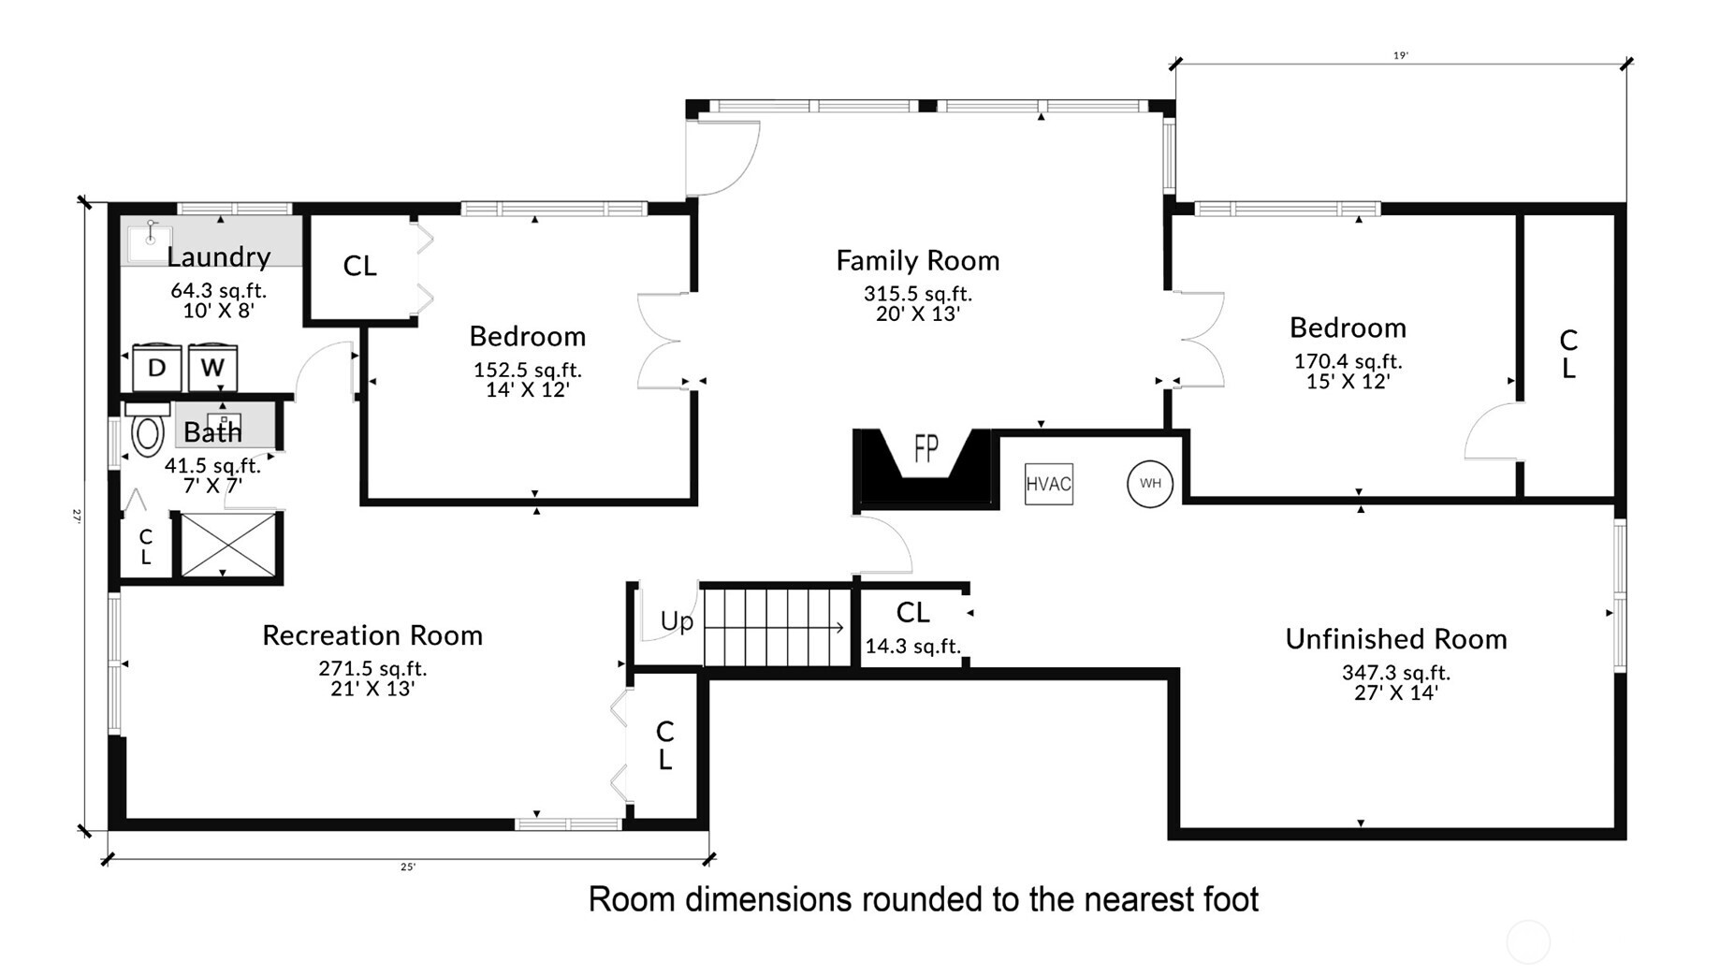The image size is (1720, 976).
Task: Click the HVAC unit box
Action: pyautogui.click(x=1048, y=484)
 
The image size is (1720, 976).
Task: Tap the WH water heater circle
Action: pyautogui.click(x=1149, y=484)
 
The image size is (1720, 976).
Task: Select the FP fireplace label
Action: pyautogui.click(x=926, y=448)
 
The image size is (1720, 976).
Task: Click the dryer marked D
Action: pyautogui.click(x=156, y=368)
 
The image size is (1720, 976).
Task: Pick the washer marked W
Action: pyautogui.click(x=212, y=368)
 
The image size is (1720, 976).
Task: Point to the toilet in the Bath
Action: pyautogui.click(x=147, y=434)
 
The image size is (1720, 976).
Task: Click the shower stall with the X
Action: pyautogui.click(x=228, y=545)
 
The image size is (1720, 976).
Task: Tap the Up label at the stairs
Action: pyautogui.click(x=677, y=621)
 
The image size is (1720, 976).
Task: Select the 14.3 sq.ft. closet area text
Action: pyautogui.click(x=912, y=646)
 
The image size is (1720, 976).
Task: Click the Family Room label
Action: pyautogui.click(x=917, y=260)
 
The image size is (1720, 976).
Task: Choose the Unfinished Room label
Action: pyautogui.click(x=1395, y=639)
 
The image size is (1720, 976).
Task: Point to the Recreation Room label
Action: pyautogui.click(x=372, y=635)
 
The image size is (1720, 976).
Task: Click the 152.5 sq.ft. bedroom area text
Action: pyautogui.click(x=527, y=370)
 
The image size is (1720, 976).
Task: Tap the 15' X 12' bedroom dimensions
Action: pyautogui.click(x=1348, y=382)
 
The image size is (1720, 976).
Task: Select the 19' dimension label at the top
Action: pyautogui.click(x=1400, y=55)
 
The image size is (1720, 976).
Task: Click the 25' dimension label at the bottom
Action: pyautogui.click(x=408, y=867)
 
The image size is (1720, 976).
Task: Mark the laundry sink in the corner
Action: pyautogui.click(x=148, y=240)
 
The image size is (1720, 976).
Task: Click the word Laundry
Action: pyautogui.click(x=219, y=256)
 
